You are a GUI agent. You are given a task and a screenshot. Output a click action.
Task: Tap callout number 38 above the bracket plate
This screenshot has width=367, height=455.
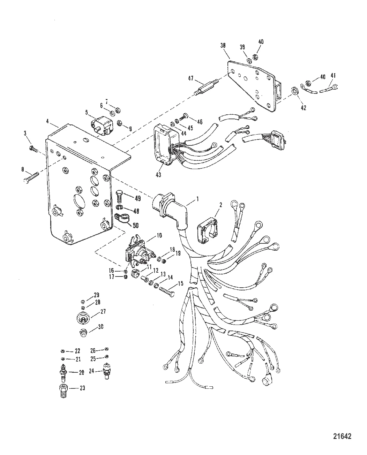click(223, 45)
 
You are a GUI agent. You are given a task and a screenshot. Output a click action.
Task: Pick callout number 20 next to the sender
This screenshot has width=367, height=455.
click(81, 372)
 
